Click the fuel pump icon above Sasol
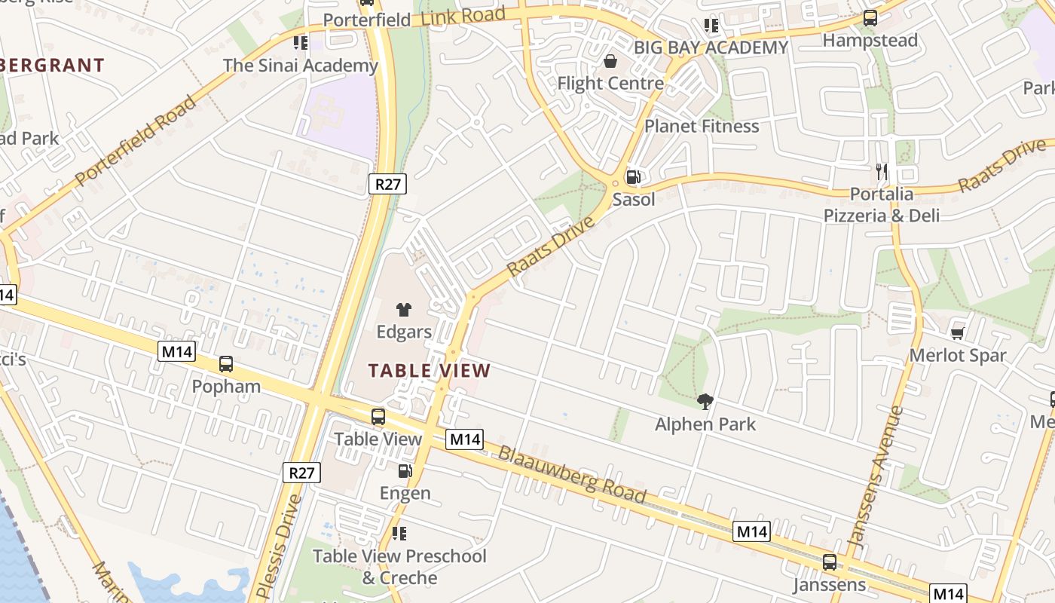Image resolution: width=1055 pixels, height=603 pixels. pyautogui.click(x=634, y=178)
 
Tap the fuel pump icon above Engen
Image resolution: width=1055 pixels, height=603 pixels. pyautogui.click(x=405, y=471)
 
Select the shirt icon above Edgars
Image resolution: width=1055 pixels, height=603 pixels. pyautogui.click(x=404, y=310)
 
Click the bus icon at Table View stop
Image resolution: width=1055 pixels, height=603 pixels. pyautogui.click(x=378, y=417)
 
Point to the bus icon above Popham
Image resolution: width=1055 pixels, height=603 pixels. pyautogui.click(x=226, y=365)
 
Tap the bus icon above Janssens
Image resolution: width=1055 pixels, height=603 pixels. pyautogui.click(x=830, y=562)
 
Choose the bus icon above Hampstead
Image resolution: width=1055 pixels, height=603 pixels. pyautogui.click(x=870, y=18)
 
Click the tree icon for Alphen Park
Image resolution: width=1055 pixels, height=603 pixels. pyautogui.click(x=705, y=402)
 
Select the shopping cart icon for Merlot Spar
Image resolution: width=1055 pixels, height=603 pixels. pyautogui.click(x=958, y=332)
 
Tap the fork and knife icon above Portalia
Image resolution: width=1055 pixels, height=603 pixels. pyautogui.click(x=882, y=172)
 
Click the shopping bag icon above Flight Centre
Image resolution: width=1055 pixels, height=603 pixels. pyautogui.click(x=610, y=61)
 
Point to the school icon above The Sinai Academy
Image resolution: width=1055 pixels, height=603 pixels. pyautogui.click(x=301, y=43)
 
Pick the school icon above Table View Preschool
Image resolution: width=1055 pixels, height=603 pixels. pyautogui.click(x=399, y=534)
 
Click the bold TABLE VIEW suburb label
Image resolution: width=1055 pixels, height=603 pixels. pyautogui.click(x=430, y=371)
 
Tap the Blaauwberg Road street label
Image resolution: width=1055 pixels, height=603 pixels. pyautogui.click(x=572, y=473)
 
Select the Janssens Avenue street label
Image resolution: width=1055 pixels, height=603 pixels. pyautogui.click(x=875, y=476)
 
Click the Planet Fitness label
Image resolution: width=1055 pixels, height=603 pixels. pyautogui.click(x=702, y=126)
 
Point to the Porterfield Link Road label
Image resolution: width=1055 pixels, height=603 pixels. pyautogui.click(x=414, y=17)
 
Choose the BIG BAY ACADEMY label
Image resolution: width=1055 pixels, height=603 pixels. pyautogui.click(x=711, y=48)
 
